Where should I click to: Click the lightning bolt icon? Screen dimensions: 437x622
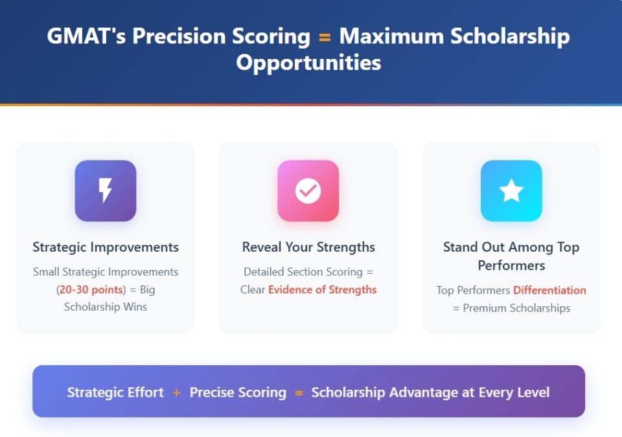pos(105,191)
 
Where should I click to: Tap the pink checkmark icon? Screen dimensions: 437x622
pos(308,191)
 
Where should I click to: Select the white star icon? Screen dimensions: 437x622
pos(511,191)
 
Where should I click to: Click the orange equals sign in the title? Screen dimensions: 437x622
pos(325,37)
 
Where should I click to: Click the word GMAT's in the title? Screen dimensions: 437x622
pos(86,36)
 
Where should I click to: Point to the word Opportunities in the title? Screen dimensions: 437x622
pos(308,63)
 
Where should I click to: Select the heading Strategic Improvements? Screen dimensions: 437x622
pos(106,247)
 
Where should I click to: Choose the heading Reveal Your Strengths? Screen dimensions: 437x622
pos(308,247)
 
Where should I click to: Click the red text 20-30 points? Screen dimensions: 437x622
pos(91,289)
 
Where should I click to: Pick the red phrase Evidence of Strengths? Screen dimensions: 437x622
pos(322,289)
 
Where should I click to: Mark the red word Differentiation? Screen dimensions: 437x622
pos(549,290)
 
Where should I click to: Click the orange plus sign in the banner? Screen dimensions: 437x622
pos(177,392)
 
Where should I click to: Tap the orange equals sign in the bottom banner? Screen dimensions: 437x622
pos(299,392)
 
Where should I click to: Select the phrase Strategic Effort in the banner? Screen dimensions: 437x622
pos(115,392)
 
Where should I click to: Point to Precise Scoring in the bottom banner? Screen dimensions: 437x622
pos(238,392)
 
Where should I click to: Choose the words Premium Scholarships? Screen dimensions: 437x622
pos(516,308)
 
